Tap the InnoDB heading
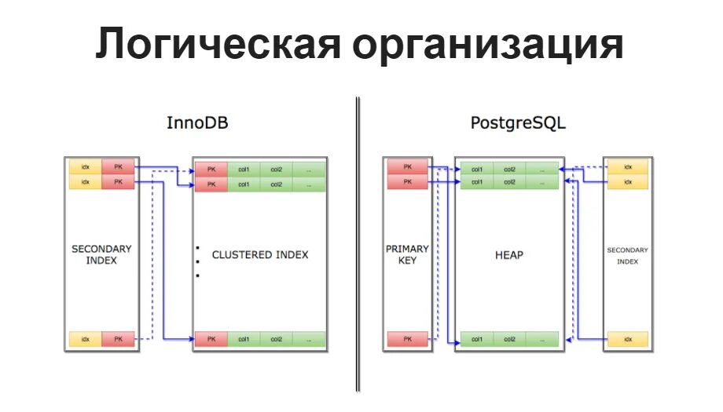[197, 124]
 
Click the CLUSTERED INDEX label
[260, 255]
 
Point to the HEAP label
[508, 255]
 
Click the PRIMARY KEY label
[407, 254]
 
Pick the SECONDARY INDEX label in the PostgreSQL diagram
[627, 256]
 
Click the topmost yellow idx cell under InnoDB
[85, 167]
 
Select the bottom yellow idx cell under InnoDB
[85, 339]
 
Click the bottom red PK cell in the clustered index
[211, 339]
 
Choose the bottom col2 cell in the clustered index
[276, 339]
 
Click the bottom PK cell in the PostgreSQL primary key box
[407, 339]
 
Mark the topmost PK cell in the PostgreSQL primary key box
[407, 167]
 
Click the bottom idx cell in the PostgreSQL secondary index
[627, 339]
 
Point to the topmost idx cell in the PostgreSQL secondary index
[627, 167]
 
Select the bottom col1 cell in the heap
[476, 339]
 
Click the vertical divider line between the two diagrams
[358, 243]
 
